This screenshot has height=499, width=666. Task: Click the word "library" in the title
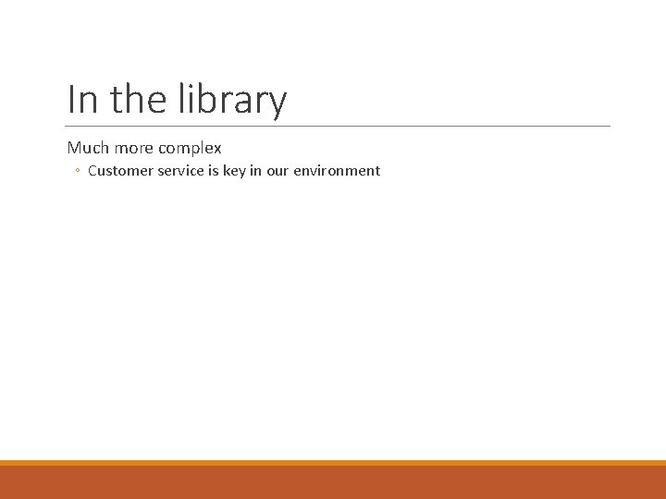240,99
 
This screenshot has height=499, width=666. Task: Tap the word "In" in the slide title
82,99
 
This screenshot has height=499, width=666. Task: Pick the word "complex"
191,149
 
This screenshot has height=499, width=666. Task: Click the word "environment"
337,171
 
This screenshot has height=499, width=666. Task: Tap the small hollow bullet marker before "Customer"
79,171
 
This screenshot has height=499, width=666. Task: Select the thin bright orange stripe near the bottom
333,463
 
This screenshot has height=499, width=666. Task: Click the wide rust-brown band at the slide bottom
333,482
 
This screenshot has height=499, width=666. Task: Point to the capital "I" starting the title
71,99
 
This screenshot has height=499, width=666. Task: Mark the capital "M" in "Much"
74,148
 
